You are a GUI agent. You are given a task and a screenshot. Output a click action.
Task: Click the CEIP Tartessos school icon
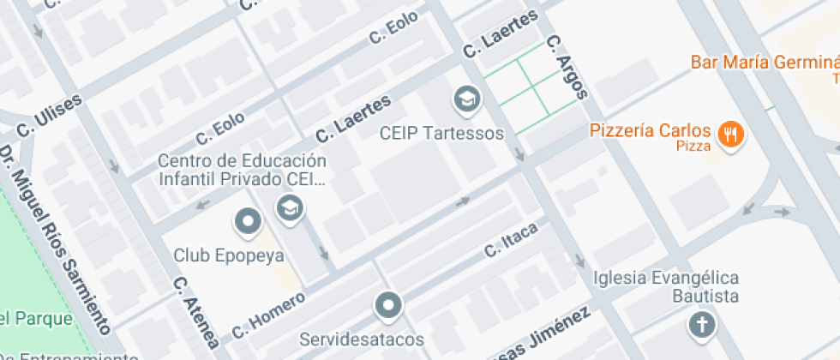coord(467,100)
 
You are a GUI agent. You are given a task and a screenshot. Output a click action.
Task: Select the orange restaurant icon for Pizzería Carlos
coord(731,134)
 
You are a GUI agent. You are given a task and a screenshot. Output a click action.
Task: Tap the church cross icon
coord(701,325)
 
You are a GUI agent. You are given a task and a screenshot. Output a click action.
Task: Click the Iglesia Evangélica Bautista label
coord(666,286)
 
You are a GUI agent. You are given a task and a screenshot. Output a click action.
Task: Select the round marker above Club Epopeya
coord(248,222)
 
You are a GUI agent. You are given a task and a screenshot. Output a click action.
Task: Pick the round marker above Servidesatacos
coord(388,304)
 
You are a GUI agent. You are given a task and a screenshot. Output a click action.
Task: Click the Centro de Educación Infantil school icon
coord(289,207)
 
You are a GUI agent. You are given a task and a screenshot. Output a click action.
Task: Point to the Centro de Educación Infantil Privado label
coord(243,170)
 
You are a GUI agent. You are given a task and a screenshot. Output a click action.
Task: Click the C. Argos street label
coord(566,67)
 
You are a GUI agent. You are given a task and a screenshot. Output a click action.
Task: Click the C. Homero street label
coord(268,315)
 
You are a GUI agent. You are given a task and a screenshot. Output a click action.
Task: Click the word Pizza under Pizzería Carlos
coord(687,147)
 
